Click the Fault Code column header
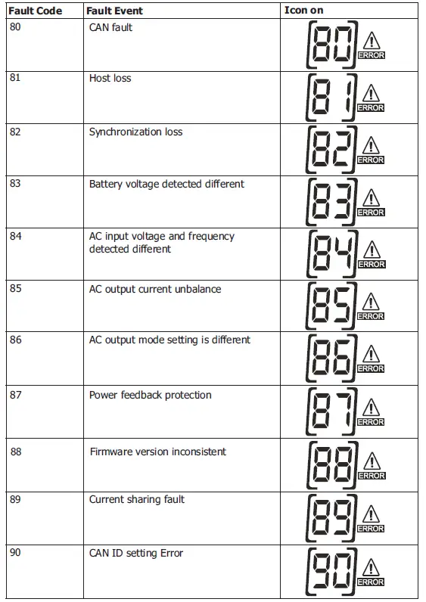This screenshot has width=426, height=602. pyautogui.click(x=35, y=11)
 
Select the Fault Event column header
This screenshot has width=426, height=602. pyautogui.click(x=114, y=11)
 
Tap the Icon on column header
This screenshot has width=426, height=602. pyautogui.click(x=303, y=11)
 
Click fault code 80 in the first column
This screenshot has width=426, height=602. pyautogui.click(x=16, y=26)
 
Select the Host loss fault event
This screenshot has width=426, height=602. pyautogui.click(x=110, y=78)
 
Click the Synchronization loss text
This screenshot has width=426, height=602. pyautogui.click(x=135, y=132)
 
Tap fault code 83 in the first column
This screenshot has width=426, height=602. pyautogui.click(x=16, y=184)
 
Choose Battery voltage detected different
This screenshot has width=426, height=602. pyautogui.click(x=166, y=184)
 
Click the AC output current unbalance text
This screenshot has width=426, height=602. pyautogui.click(x=155, y=289)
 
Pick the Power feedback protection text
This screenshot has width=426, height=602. pyautogui.click(x=151, y=395)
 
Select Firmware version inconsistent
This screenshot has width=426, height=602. pyautogui.click(x=157, y=451)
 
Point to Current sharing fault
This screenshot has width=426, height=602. pyautogui.click(x=137, y=499)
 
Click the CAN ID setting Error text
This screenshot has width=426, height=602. pyautogui.click(x=136, y=553)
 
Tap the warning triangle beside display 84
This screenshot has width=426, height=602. pyautogui.click(x=371, y=250)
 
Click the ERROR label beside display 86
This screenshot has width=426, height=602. pyautogui.click(x=371, y=368)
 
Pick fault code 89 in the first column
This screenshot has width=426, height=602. pyautogui.click(x=16, y=499)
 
